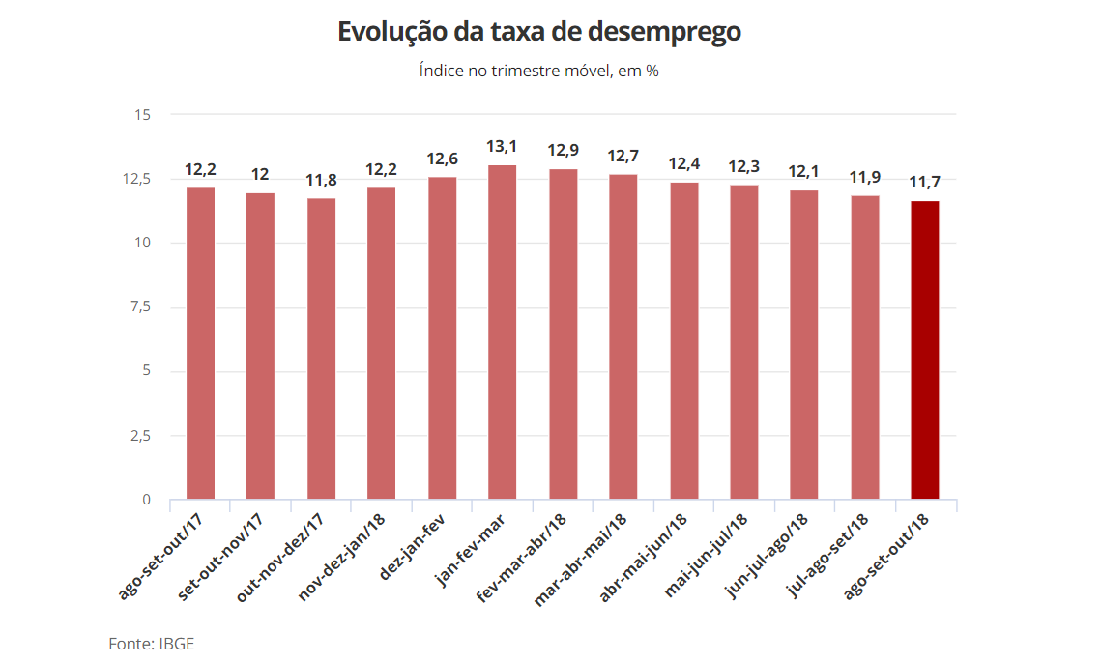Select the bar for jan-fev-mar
(x=502, y=332)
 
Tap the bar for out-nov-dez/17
(x=321, y=349)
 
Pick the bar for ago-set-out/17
(x=200, y=343)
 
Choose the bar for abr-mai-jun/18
(x=683, y=340)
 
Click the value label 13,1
(x=502, y=147)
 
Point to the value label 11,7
(x=925, y=183)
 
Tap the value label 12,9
(x=563, y=151)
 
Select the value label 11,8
(x=321, y=180)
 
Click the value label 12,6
(x=442, y=159)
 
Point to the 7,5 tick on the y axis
(x=140, y=307)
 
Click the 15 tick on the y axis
(x=143, y=115)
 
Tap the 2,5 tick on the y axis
(x=140, y=436)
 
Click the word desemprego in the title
(x=666, y=32)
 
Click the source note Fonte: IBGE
(x=152, y=643)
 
